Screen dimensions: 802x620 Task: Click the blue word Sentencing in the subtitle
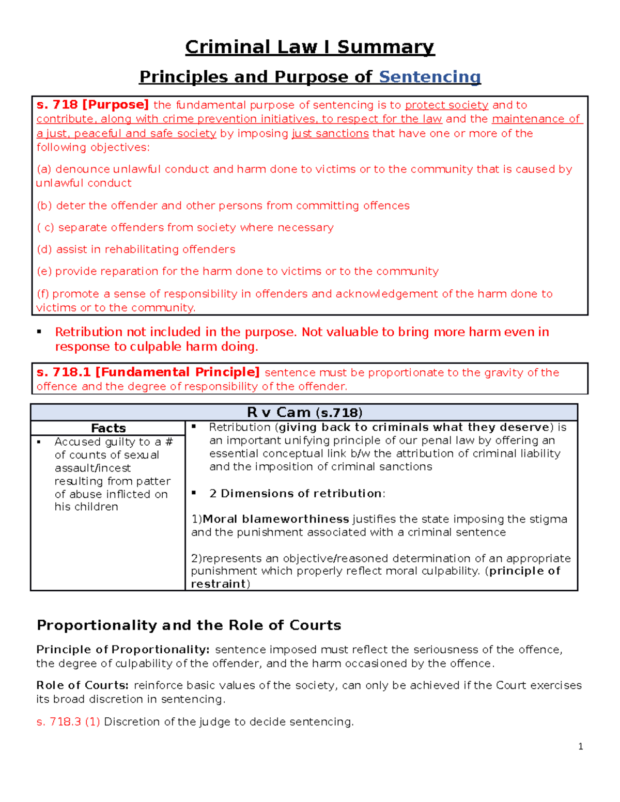pyautogui.click(x=429, y=77)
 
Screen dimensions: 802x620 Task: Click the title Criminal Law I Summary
pyautogui.click(x=309, y=47)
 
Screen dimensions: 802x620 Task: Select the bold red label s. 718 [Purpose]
pyautogui.click(x=92, y=105)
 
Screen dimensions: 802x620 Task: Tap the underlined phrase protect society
pyautogui.click(x=446, y=105)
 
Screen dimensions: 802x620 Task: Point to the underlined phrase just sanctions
pyautogui.click(x=330, y=134)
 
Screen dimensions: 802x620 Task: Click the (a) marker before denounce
pyautogui.click(x=44, y=169)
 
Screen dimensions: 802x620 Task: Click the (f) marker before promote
pyautogui.click(x=43, y=294)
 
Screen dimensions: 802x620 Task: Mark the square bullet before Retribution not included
pyautogui.click(x=39, y=332)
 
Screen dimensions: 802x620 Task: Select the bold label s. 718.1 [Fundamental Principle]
pyautogui.click(x=148, y=372)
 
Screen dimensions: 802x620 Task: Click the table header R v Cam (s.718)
pyautogui.click(x=304, y=412)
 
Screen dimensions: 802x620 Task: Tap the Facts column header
pyautogui.click(x=108, y=428)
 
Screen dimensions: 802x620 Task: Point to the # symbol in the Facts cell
pyautogui.click(x=169, y=442)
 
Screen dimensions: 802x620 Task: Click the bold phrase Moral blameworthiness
pyautogui.click(x=276, y=519)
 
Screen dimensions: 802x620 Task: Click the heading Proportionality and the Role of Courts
pyautogui.click(x=189, y=625)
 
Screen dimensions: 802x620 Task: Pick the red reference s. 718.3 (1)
pyautogui.click(x=68, y=722)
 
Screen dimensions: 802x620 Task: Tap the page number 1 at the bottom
pyautogui.click(x=581, y=746)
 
